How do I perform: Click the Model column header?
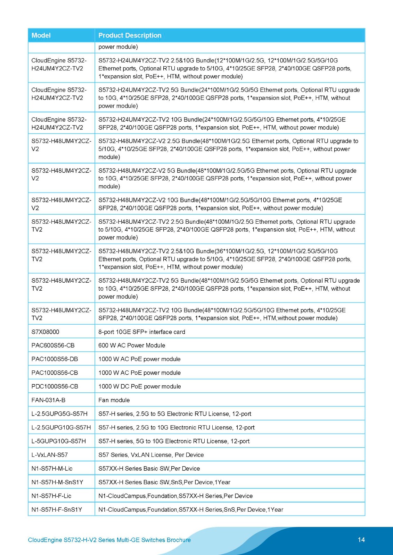coord(41,35)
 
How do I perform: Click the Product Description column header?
coord(130,35)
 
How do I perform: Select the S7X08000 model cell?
coord(45,332)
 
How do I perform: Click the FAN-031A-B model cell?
coord(48,400)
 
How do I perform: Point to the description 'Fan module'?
coord(114,400)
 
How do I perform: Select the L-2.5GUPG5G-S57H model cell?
coord(59,414)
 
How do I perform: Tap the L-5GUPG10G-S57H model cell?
coord(58,441)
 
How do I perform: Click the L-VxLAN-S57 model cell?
coord(49,455)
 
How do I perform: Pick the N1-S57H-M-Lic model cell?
coord(52,469)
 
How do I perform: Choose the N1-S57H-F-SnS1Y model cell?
coord(57,510)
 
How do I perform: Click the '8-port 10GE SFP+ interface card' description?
coord(141,332)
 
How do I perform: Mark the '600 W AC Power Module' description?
coord(132,345)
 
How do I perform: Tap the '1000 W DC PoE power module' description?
coord(139,386)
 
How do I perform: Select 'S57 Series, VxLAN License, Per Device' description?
coord(151,455)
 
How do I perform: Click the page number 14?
coord(361,540)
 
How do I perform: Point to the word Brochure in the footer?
coord(179,540)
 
